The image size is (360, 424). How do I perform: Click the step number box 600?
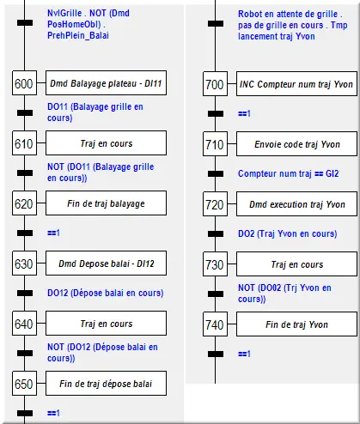(24, 83)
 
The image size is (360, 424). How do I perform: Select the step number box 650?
(24, 384)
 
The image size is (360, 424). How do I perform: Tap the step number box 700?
(215, 84)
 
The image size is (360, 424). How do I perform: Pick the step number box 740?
(215, 324)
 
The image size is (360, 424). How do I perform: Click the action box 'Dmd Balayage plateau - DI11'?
(106, 83)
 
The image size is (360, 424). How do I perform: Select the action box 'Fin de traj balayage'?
(106, 203)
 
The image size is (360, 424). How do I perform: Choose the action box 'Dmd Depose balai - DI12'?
(106, 263)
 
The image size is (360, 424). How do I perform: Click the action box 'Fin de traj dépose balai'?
(106, 384)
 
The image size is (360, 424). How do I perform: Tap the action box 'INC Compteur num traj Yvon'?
(296, 84)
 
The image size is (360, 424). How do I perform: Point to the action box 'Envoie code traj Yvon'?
(296, 144)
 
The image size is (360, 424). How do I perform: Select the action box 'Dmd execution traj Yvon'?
(296, 204)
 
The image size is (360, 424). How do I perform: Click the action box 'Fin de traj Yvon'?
(296, 324)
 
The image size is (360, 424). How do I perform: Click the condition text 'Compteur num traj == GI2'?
(288, 173)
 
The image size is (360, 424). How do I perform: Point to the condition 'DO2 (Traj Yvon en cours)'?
(288, 233)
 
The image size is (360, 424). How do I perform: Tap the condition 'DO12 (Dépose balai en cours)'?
(106, 293)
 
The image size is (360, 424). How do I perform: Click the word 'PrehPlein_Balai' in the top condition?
(78, 35)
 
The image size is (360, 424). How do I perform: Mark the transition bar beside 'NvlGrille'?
(25, 22)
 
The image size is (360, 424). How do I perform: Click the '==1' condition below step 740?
(244, 354)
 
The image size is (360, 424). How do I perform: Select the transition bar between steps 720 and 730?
(216, 233)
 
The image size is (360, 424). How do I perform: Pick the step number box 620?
(24, 203)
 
